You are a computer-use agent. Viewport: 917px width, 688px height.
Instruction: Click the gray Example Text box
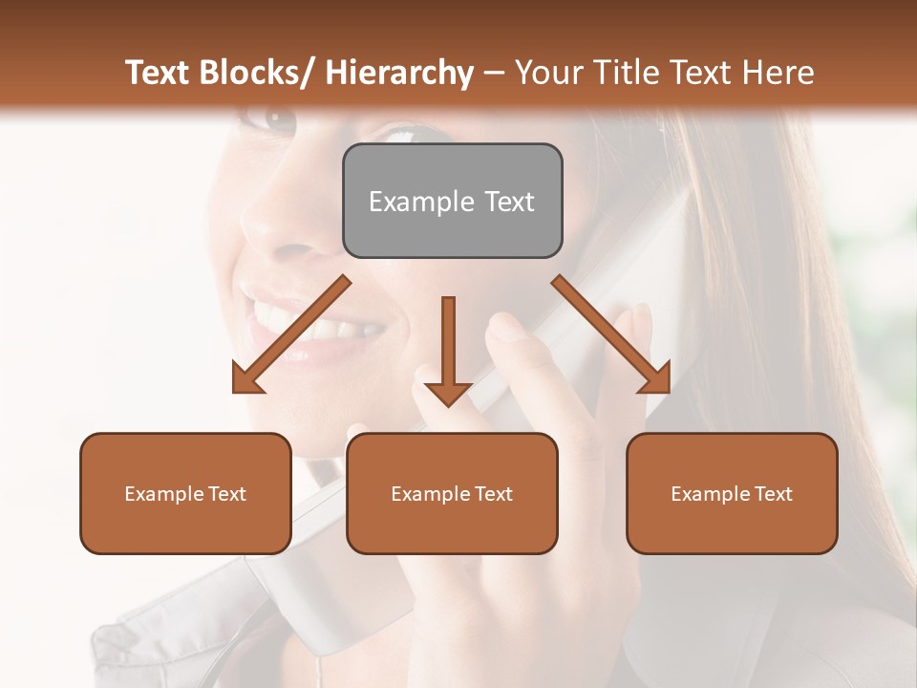(452, 201)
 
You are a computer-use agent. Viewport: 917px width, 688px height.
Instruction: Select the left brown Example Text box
(185, 493)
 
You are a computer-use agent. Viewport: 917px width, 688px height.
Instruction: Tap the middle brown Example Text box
(452, 493)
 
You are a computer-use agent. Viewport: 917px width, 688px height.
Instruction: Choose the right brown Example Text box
(732, 493)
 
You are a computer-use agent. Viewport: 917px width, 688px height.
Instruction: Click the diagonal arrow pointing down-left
(291, 334)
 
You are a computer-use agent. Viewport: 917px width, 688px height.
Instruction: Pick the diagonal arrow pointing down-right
(611, 334)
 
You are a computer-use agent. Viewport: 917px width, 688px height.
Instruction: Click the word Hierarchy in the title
(399, 73)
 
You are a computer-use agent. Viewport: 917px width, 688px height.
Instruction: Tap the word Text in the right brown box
(772, 493)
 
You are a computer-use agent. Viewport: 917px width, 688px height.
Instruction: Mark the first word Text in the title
(159, 73)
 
